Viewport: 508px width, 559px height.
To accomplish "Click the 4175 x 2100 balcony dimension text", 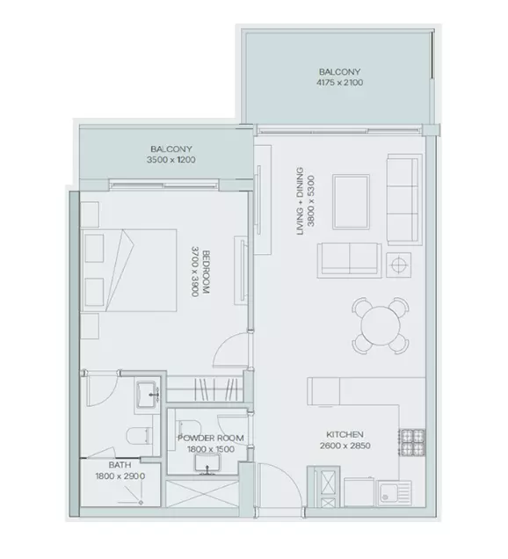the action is [x=340, y=83].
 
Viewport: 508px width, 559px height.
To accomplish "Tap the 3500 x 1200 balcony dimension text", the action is [x=171, y=160].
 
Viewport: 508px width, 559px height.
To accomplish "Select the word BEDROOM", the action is [x=206, y=272].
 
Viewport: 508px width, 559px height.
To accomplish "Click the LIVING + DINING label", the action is [x=300, y=201].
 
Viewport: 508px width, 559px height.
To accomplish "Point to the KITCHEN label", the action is [x=345, y=434].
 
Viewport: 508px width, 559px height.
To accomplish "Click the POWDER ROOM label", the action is [x=211, y=438].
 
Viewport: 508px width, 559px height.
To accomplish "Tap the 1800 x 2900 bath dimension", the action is [x=120, y=476].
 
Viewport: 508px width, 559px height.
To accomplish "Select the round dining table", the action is [x=381, y=325].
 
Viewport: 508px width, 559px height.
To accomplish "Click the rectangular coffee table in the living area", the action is [x=351, y=202].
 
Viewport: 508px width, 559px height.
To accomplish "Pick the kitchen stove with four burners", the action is [x=412, y=442].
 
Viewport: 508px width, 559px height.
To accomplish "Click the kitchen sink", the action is [x=395, y=492].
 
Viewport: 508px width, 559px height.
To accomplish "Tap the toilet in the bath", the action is [x=140, y=436].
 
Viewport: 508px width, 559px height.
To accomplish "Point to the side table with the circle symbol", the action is [x=398, y=265].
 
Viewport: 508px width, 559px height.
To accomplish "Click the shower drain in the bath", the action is [x=142, y=503].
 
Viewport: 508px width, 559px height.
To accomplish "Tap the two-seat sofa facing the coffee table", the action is [x=350, y=260].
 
